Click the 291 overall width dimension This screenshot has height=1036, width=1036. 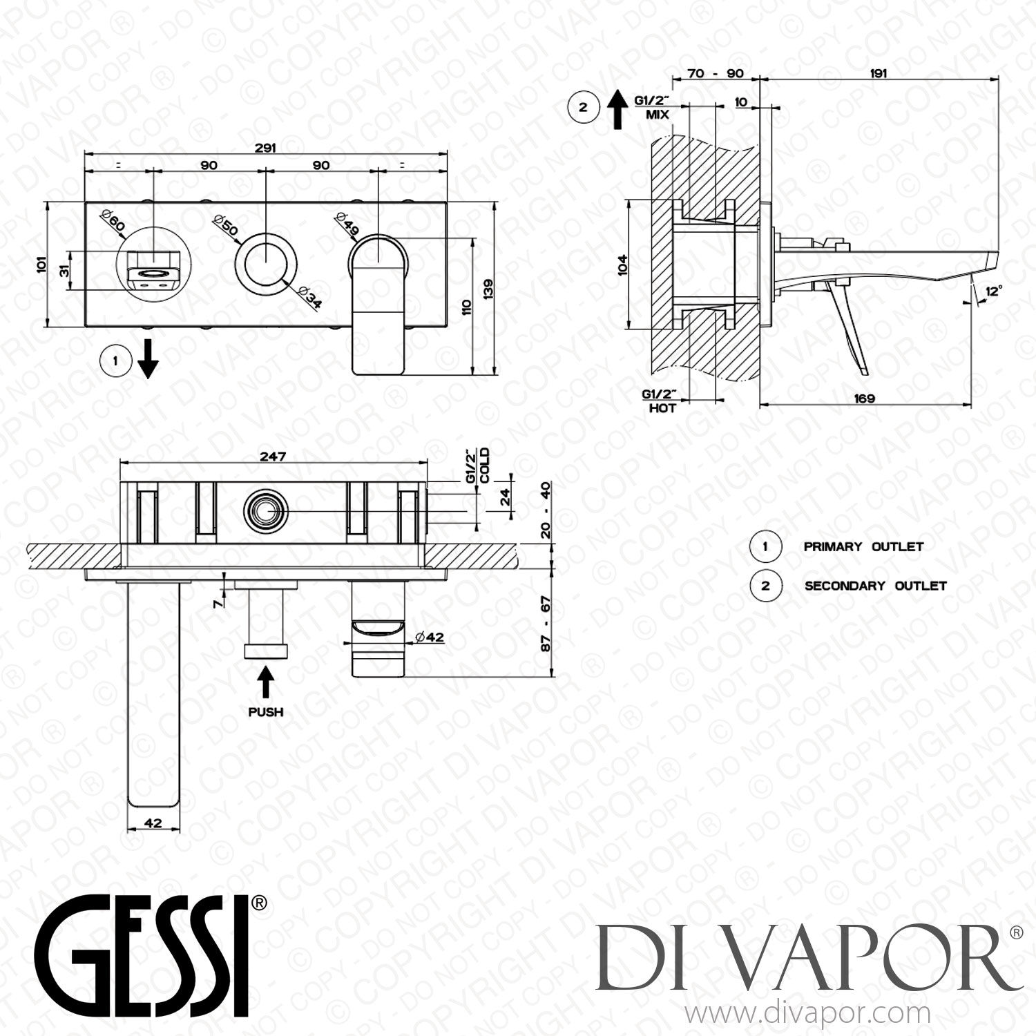pyautogui.click(x=265, y=147)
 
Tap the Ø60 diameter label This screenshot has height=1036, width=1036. pyautogui.click(x=113, y=222)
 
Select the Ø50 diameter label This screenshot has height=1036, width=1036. pyautogui.click(x=226, y=224)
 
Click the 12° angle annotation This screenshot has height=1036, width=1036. pyautogui.click(x=993, y=292)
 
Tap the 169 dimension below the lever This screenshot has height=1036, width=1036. pyautogui.click(x=864, y=398)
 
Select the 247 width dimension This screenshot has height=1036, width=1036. pyautogui.click(x=273, y=457)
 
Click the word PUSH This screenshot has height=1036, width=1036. pyautogui.click(x=266, y=711)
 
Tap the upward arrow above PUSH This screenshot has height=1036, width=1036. pyautogui.click(x=266, y=683)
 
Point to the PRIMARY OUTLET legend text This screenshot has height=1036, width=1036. pyautogui.click(x=863, y=546)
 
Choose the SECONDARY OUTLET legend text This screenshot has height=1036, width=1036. pyautogui.click(x=875, y=586)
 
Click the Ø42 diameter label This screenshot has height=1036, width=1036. pyautogui.click(x=430, y=637)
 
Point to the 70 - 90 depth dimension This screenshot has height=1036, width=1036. pyautogui.click(x=716, y=73)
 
